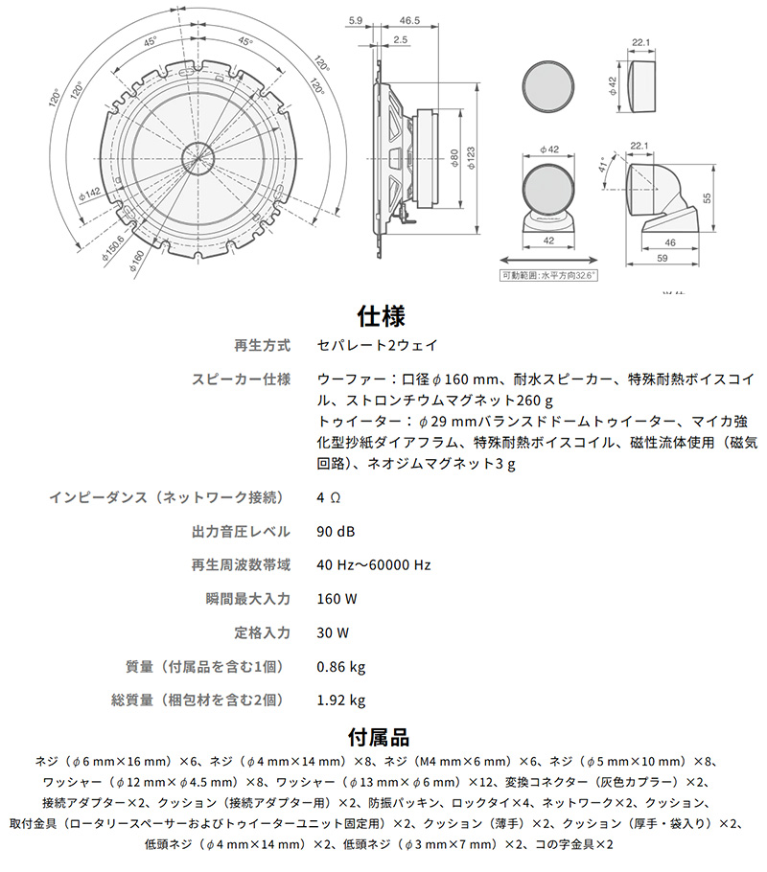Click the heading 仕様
point(383,315)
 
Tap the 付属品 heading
point(383,737)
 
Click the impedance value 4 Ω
point(329,498)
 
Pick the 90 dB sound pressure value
point(336,532)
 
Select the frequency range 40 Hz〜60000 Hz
point(373,565)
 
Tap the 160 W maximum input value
point(337,599)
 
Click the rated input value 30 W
point(333,632)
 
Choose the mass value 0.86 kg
point(340,666)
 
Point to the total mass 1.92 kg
point(340,700)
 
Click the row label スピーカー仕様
point(241,379)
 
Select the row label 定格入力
point(262,632)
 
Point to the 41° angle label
point(603,165)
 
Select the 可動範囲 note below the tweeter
point(548,274)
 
